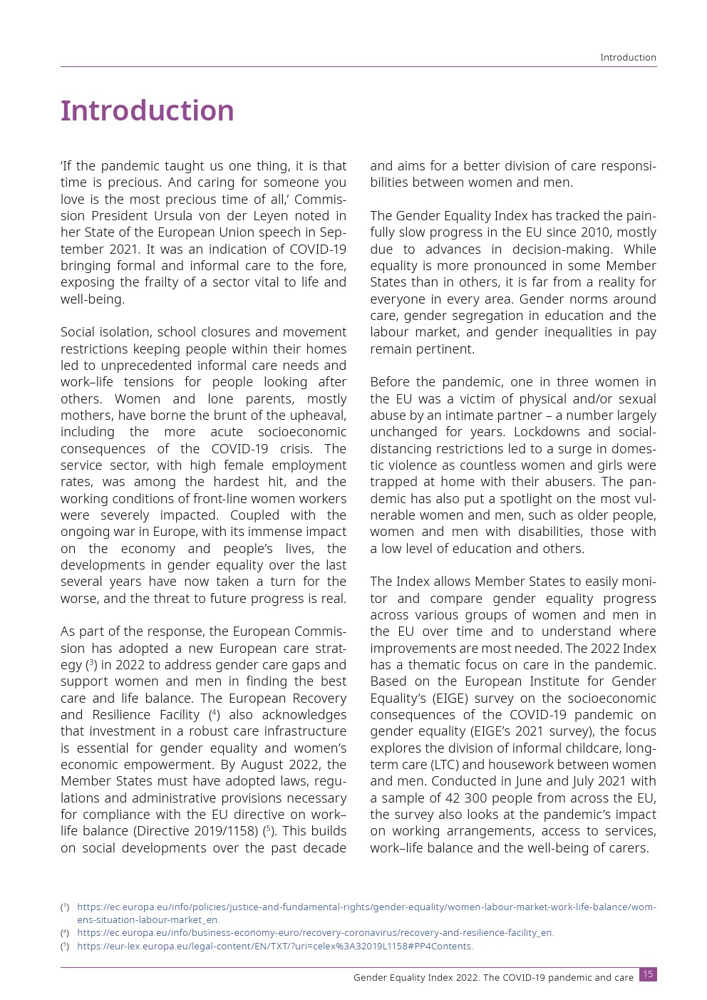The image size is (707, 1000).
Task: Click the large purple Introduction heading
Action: coord(147,111)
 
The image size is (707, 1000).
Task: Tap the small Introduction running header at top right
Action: coord(628,58)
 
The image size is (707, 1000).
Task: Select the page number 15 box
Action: coord(648,974)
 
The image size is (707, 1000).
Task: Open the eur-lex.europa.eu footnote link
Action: coord(274,947)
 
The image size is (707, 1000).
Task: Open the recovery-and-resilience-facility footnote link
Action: coord(315,933)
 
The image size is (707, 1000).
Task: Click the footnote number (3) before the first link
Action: coord(65,907)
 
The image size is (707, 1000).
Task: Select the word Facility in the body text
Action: coord(174,715)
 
